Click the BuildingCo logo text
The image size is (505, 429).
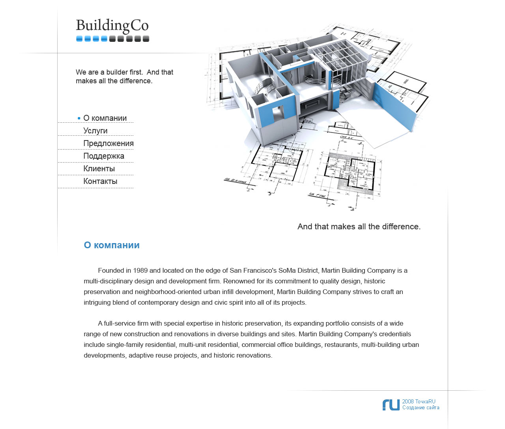(x=112, y=26)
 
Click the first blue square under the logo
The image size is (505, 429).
(x=79, y=39)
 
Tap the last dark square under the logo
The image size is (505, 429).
(x=146, y=39)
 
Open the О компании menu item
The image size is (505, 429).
(x=105, y=118)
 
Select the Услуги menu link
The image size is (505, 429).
(x=95, y=131)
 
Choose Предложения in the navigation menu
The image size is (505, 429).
(x=108, y=143)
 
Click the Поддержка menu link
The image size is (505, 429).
(x=104, y=156)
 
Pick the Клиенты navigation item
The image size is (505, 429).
(x=99, y=169)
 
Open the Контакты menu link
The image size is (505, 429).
(x=100, y=181)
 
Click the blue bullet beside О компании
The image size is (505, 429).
(x=79, y=118)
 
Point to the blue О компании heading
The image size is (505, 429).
(x=112, y=245)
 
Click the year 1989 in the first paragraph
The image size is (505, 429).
(x=140, y=270)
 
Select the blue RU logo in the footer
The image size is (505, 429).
(x=391, y=405)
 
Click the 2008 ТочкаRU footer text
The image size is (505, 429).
(x=419, y=401)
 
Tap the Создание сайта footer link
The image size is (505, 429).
(x=421, y=408)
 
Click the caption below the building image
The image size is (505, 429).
(x=359, y=227)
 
